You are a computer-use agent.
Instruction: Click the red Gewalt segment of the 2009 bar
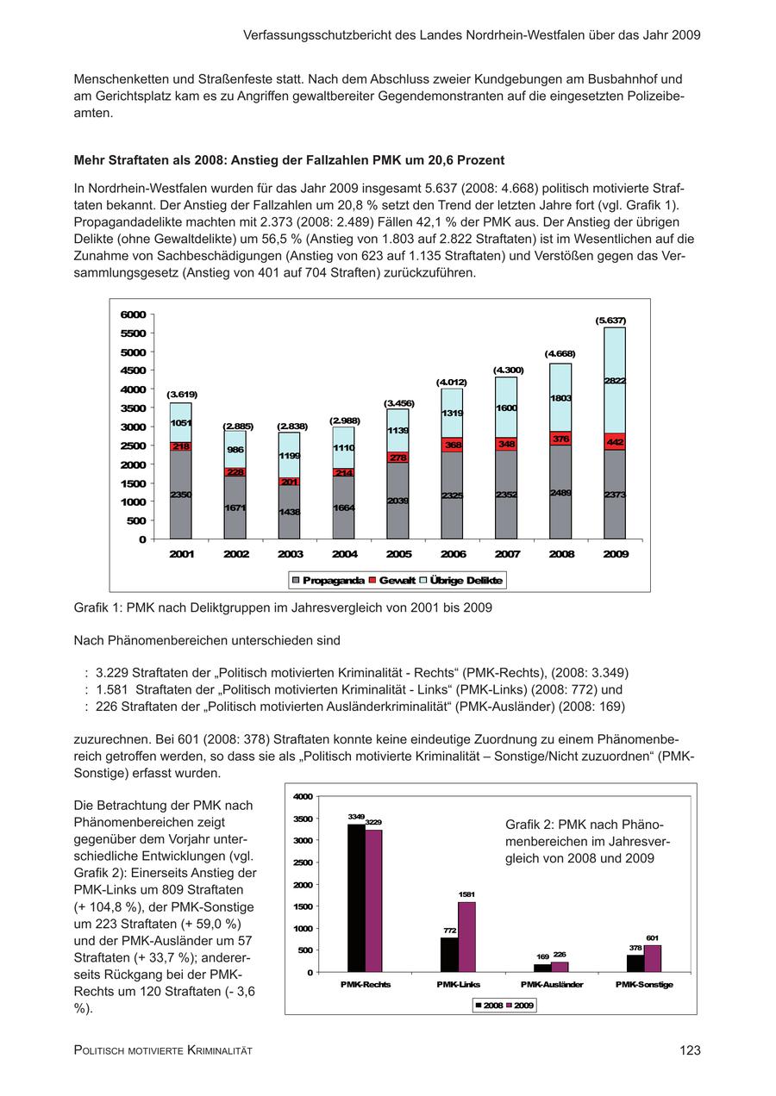coord(615,441)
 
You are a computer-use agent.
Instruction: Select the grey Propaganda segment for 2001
coord(181,495)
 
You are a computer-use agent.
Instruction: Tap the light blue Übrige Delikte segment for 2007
coord(506,407)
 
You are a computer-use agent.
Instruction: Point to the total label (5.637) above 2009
coord(610,321)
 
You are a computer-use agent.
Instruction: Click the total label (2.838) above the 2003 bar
coord(292,427)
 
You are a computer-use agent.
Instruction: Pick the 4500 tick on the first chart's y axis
coord(134,371)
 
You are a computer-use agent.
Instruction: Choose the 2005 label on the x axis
coord(398,554)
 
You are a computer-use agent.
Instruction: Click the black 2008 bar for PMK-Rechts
coord(356,898)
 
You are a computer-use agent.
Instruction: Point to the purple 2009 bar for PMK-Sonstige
coord(653,958)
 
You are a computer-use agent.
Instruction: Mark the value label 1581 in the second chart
coord(466,894)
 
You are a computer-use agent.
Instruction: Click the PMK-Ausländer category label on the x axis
coord(552,984)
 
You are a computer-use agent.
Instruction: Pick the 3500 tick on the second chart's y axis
coord(304,818)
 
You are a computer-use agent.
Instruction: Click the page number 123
coord(690,1050)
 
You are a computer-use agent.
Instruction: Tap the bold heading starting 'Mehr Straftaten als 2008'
coord(289,160)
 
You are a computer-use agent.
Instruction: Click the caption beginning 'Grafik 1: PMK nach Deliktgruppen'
coord(283,607)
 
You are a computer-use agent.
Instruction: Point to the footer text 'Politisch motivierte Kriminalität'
coord(163,1051)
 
